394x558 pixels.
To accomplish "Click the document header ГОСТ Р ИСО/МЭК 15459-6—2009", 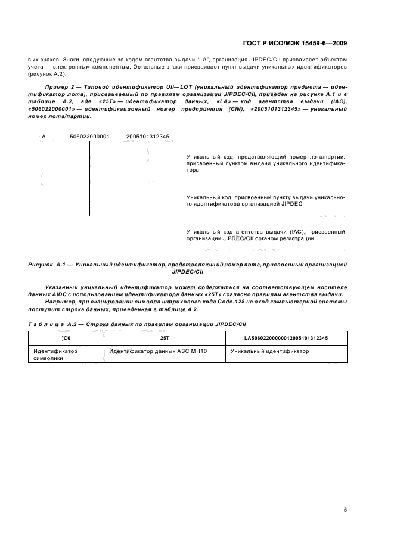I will click(296, 44).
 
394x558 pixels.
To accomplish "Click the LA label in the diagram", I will click(42, 137).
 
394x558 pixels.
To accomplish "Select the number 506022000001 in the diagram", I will click(89, 137).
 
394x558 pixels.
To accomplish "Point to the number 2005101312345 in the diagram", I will click(148, 137).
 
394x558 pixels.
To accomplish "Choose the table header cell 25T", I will click(165, 338).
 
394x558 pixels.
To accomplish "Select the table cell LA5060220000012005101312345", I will click(286, 338).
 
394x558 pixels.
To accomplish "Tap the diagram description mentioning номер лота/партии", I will click(265, 163).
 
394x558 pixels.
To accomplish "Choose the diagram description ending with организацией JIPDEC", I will click(265, 200).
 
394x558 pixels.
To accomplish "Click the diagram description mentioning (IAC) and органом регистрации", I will click(265, 234).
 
